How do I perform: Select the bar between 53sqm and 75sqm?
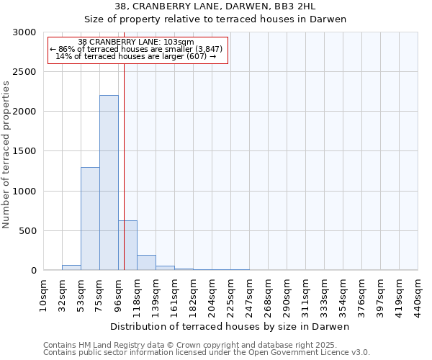pos(90,219)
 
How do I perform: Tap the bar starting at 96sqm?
pos(127,246)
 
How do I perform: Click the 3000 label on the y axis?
pos(23,32)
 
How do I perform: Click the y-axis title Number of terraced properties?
pos(6,155)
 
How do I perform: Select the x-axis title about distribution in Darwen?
pos(230,327)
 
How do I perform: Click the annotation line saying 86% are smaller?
pos(137,49)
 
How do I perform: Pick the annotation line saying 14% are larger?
pos(137,56)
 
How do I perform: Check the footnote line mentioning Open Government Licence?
pos(207,353)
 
